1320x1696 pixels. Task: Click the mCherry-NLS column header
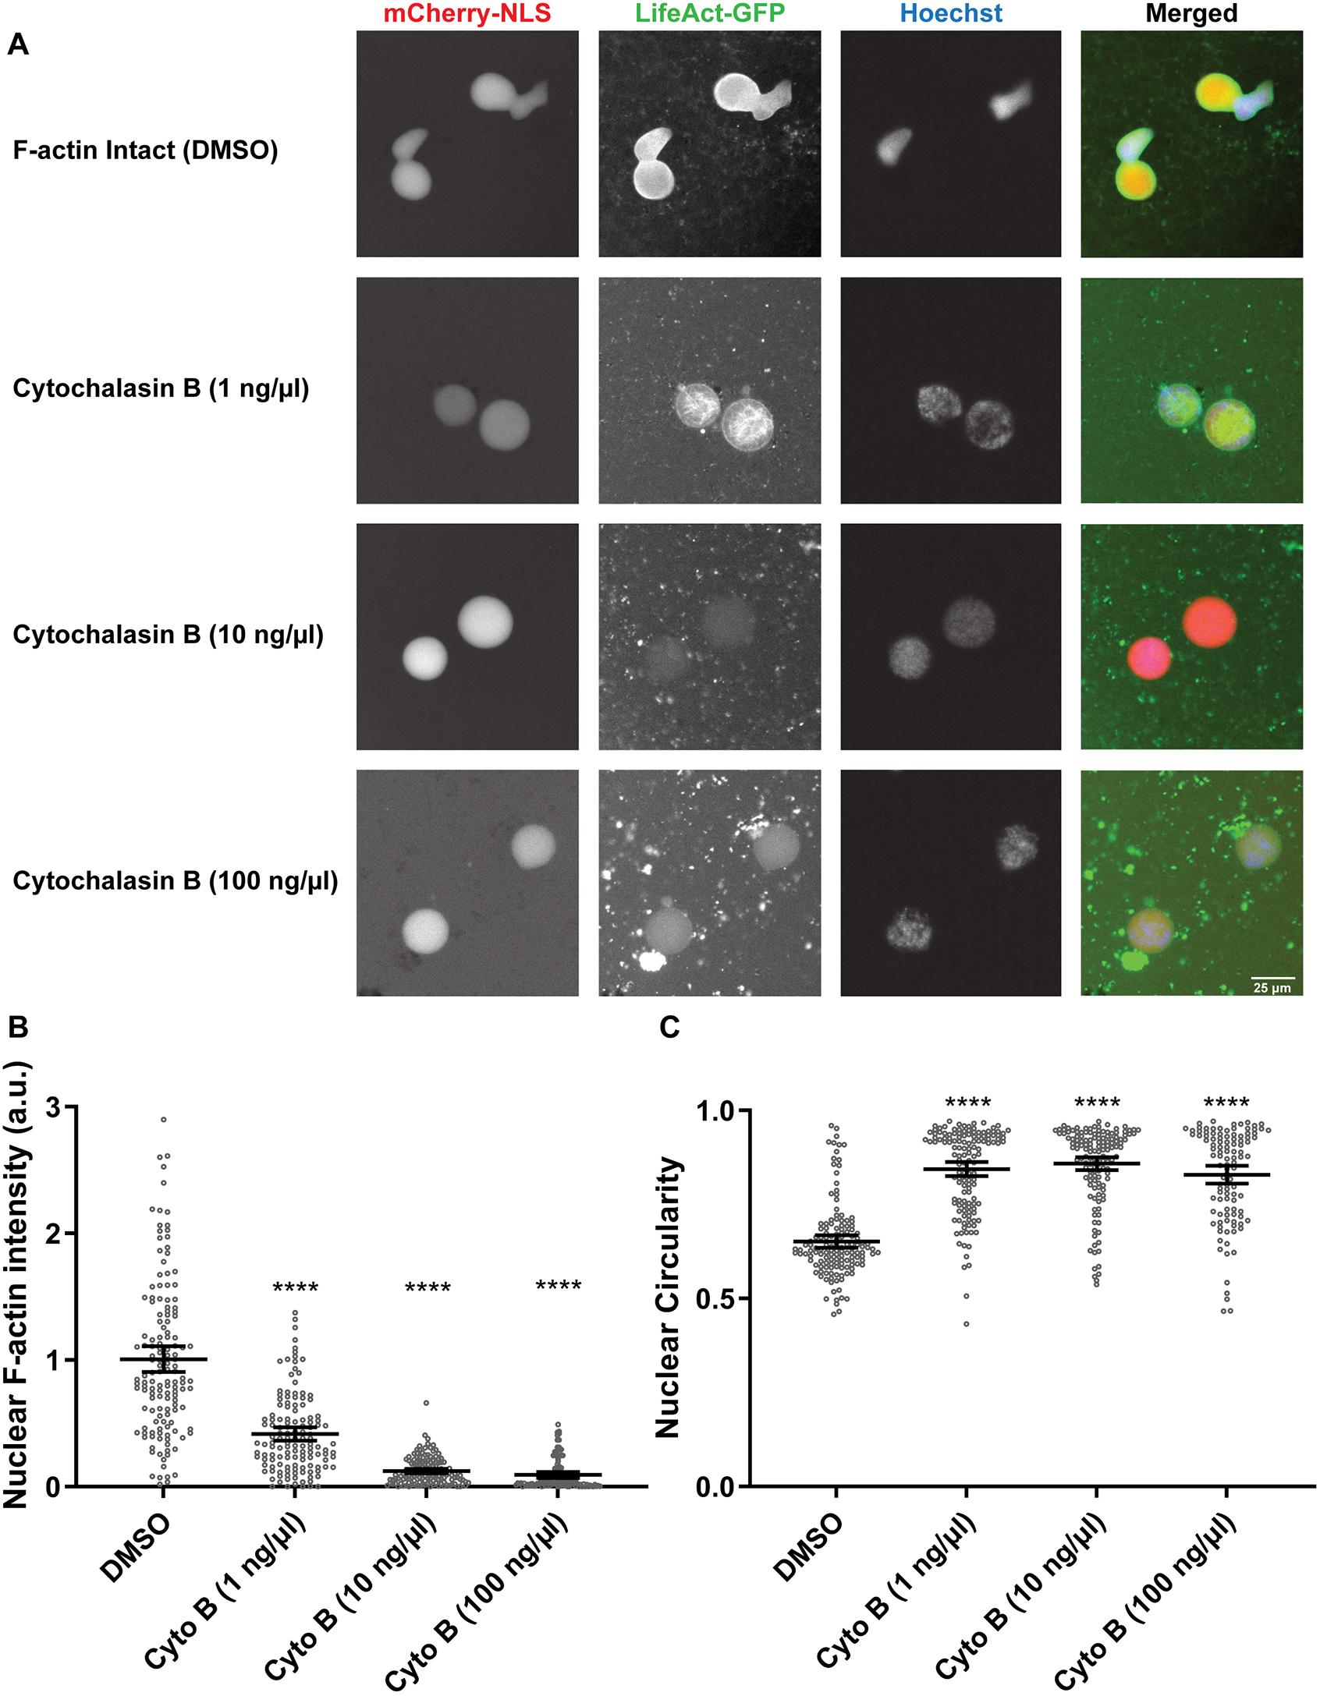coord(467,13)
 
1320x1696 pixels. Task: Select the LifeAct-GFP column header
coord(709,13)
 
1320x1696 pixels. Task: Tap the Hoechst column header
coord(951,13)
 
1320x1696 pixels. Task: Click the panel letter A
coord(18,46)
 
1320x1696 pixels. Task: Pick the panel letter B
coord(17,1029)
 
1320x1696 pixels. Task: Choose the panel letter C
coord(670,1029)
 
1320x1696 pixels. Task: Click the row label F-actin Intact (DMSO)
coord(146,150)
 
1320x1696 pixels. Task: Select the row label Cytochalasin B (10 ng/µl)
coord(168,635)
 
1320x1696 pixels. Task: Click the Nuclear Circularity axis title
coord(669,1298)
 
